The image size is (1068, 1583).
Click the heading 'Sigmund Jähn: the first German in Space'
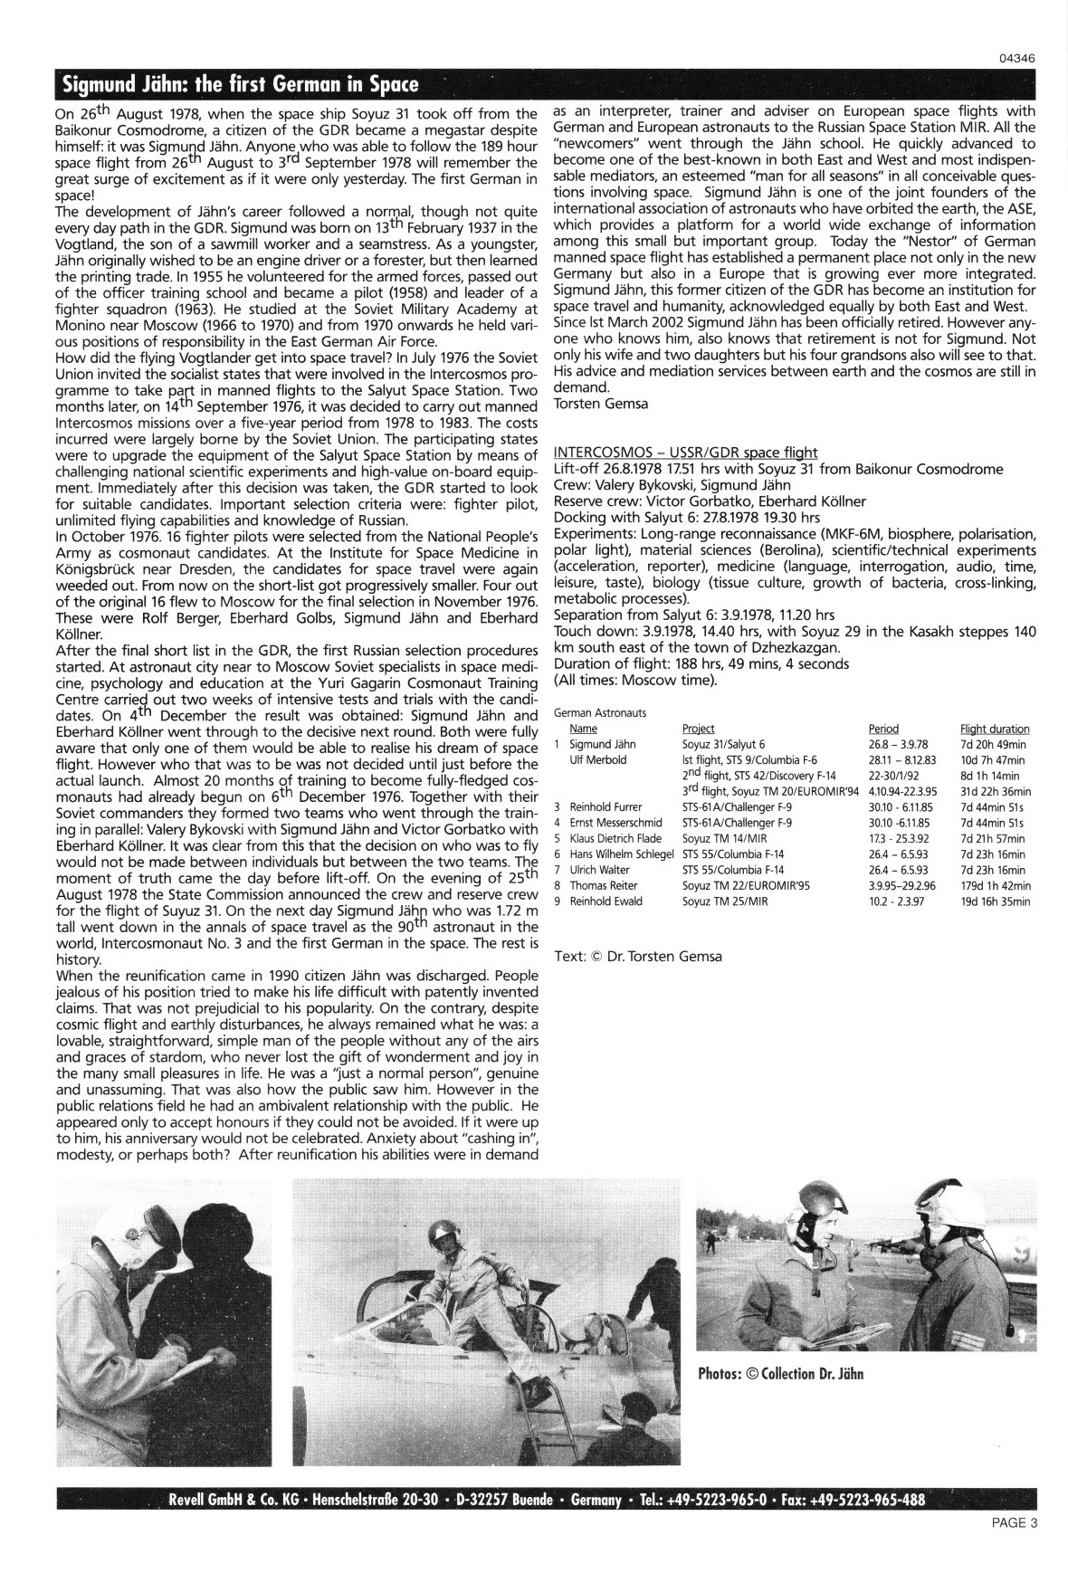point(240,85)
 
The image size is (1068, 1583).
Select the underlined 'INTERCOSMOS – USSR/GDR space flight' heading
point(685,452)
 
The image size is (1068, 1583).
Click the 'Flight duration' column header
point(995,729)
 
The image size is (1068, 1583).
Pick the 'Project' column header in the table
point(698,729)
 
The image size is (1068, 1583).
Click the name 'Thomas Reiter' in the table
point(604,885)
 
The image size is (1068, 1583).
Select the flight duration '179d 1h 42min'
point(996,885)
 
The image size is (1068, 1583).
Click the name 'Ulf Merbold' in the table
point(598,759)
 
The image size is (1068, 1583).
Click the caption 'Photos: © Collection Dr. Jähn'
point(780,1374)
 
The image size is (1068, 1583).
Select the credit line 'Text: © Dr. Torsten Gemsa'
point(637,956)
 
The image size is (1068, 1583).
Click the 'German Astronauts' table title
point(599,712)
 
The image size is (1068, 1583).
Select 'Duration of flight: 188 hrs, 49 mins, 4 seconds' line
point(701,663)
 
